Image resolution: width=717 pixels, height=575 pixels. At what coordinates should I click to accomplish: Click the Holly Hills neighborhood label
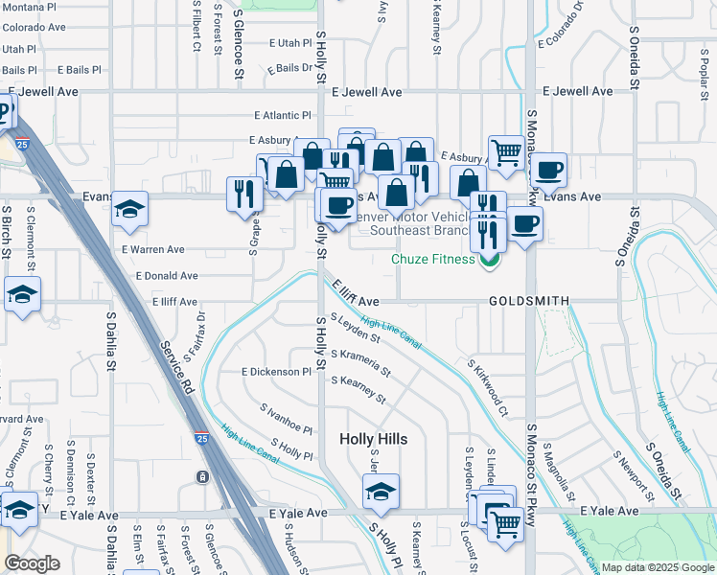pyautogui.click(x=374, y=439)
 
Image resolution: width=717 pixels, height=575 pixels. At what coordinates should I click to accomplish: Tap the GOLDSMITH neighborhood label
pyautogui.click(x=529, y=301)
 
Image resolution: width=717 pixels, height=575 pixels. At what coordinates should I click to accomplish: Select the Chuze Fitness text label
pyautogui.click(x=432, y=259)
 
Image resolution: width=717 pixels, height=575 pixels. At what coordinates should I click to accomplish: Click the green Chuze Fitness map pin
pyautogui.click(x=490, y=259)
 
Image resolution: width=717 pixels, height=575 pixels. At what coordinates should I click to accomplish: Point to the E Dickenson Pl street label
pyautogui.click(x=278, y=371)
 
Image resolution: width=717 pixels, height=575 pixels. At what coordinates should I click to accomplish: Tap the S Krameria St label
pyautogui.click(x=360, y=363)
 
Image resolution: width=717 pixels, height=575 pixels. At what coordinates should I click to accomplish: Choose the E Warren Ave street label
pyautogui.click(x=153, y=249)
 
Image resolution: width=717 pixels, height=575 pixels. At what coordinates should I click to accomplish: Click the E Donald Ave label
pyautogui.click(x=167, y=276)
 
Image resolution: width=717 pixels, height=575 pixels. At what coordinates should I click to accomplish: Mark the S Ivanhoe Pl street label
pyautogui.click(x=287, y=418)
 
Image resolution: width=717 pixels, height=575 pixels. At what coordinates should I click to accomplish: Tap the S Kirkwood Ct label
pyautogui.click(x=487, y=389)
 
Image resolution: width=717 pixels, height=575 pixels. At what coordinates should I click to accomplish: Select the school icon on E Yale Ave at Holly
pyautogui.click(x=381, y=493)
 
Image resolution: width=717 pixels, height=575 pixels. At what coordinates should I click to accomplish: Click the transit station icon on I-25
pyautogui.click(x=202, y=476)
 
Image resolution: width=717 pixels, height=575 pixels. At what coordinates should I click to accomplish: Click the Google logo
pyautogui.click(x=33, y=563)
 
